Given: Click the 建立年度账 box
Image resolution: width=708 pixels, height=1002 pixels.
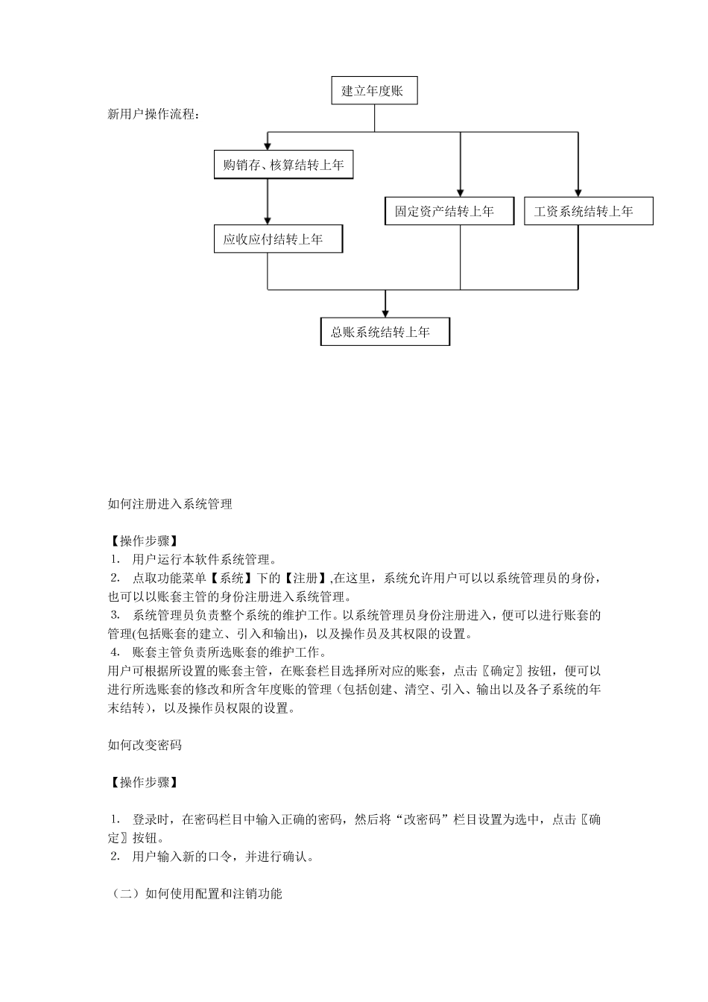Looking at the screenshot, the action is point(374,91).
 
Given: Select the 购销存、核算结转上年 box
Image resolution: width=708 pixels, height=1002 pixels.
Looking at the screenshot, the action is point(283,165).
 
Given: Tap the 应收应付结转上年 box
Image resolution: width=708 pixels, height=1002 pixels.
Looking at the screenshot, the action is point(278,239).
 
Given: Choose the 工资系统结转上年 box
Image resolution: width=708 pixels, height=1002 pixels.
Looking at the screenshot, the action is point(588,211).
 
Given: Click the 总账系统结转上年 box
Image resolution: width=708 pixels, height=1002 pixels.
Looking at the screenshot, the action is point(385,332).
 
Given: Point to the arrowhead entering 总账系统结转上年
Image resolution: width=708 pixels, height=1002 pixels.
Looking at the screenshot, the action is point(385,313).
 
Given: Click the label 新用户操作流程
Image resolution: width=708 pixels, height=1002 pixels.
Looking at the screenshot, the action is point(154,115).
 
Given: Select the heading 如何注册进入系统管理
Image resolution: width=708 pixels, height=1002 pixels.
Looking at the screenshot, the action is point(170,504).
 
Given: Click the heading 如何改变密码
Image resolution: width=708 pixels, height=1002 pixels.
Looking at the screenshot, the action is point(145,745).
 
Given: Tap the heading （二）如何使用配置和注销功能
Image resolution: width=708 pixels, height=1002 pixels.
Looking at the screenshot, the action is point(195,893).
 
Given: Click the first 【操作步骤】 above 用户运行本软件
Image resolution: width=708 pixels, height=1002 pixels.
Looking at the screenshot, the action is point(143,541).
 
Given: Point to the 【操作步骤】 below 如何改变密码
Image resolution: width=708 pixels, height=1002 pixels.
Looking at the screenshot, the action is point(143,782).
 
